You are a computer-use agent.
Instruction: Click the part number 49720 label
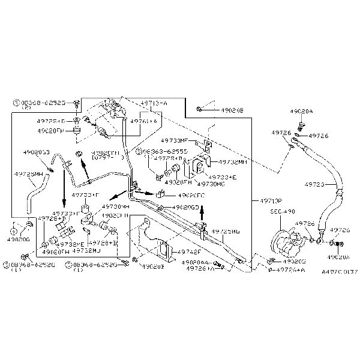[x=316, y=184]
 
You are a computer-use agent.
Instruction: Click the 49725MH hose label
[x=28, y=174]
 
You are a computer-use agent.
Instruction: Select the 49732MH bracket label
[x=234, y=162]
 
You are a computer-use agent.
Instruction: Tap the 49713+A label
[x=154, y=103]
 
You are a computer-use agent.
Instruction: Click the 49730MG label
[x=210, y=184]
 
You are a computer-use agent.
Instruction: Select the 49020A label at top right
[x=301, y=112]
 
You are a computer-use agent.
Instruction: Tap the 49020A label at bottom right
[x=339, y=257]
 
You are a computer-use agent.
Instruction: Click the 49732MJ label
[x=86, y=250]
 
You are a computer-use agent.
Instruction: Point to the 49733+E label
[x=223, y=177]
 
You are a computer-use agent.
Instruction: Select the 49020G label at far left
[x=19, y=239]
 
